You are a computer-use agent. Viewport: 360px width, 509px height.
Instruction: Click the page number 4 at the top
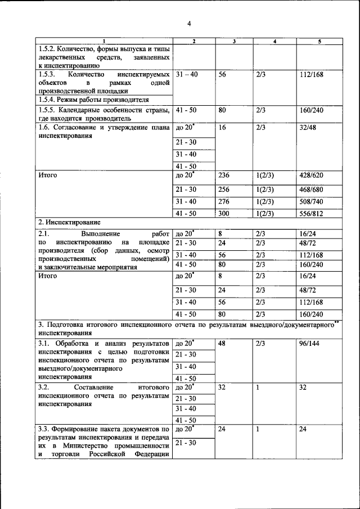(x=189, y=24)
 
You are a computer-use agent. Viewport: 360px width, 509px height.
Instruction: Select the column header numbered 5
(x=319, y=42)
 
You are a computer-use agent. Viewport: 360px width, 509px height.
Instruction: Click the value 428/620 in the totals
(x=312, y=175)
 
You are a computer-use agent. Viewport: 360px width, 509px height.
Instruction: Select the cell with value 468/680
(x=312, y=189)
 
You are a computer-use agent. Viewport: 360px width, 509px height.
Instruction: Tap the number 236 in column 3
(x=224, y=175)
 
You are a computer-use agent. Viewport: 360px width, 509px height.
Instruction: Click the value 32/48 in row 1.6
(x=310, y=128)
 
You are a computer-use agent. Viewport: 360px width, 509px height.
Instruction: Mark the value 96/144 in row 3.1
(x=310, y=343)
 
